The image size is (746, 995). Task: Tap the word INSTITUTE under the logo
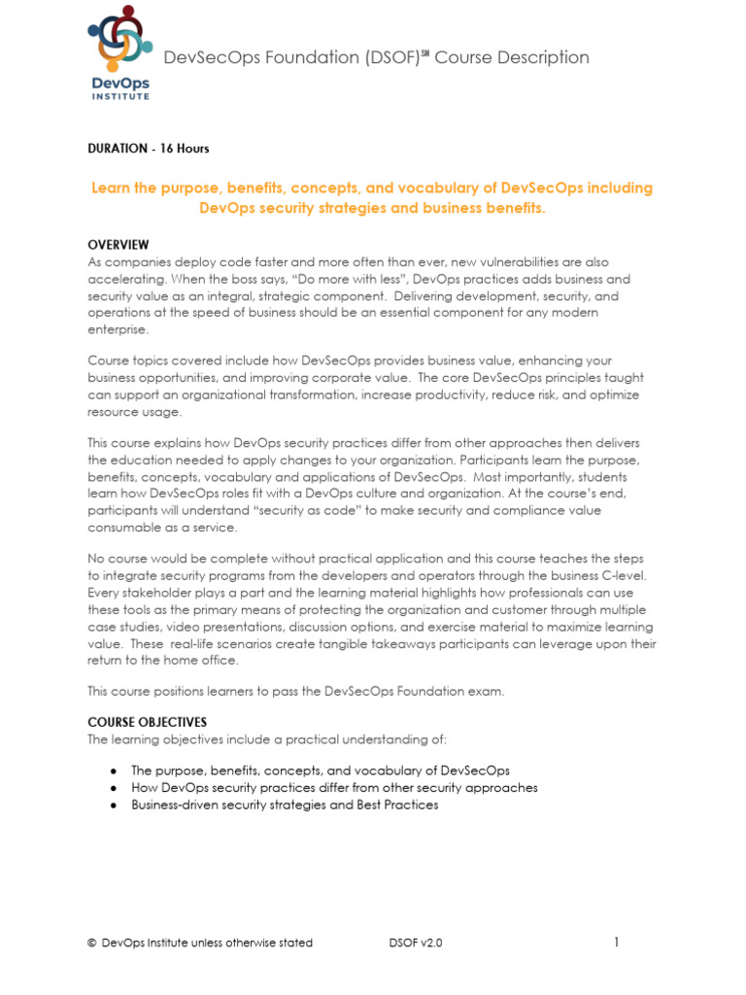pyautogui.click(x=120, y=95)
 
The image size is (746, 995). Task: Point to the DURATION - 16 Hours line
pyautogui.click(x=149, y=149)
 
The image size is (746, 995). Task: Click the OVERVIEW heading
pyautogui.click(x=119, y=244)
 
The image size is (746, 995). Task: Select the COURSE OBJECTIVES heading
pyautogui.click(x=147, y=722)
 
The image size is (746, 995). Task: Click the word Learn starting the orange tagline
pyautogui.click(x=111, y=188)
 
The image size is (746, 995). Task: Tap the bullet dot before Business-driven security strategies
pyautogui.click(x=114, y=806)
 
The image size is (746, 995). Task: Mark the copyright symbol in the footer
pyautogui.click(x=91, y=943)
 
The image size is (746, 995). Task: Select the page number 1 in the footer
pyautogui.click(x=616, y=942)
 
